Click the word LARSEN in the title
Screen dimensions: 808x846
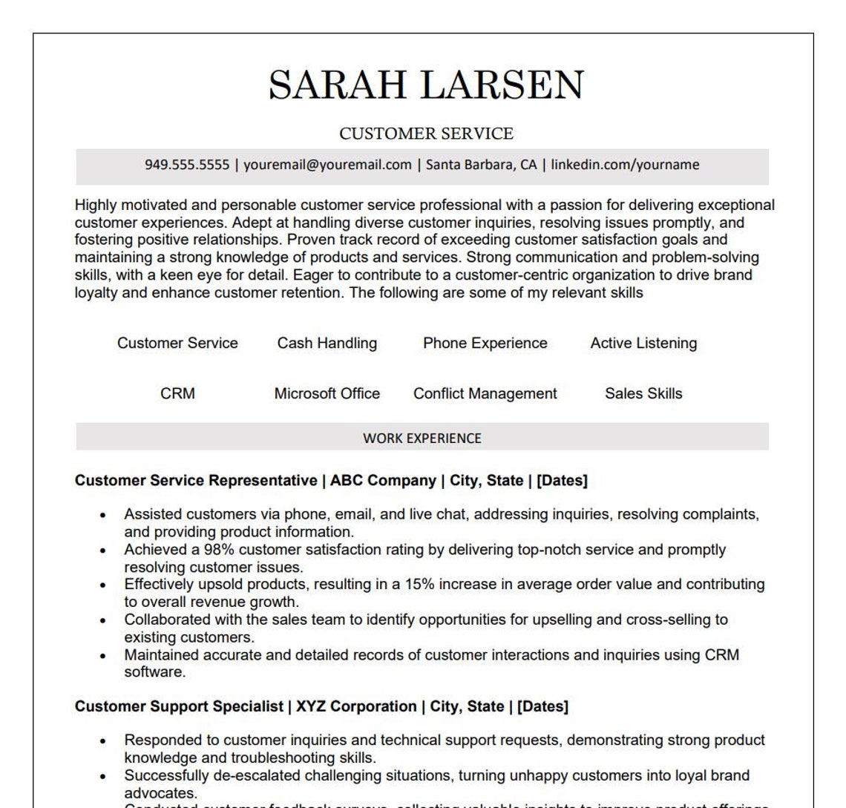[503, 85]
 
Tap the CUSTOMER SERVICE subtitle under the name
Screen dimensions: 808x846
[426, 134]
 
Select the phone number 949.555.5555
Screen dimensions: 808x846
[187, 165]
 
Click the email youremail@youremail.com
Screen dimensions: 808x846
[327, 165]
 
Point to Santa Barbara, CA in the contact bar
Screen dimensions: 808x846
[481, 165]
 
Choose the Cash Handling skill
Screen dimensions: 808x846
[327, 344]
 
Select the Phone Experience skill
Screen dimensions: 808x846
[485, 344]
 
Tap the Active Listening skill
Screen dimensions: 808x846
[643, 344]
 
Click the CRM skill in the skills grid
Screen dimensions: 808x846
[177, 394]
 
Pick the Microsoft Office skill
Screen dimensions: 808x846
[327, 394]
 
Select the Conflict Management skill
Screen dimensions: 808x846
[485, 394]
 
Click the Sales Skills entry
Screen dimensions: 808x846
[643, 394]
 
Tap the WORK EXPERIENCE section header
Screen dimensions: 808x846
[422, 439]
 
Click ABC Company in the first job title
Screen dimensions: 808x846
[383, 481]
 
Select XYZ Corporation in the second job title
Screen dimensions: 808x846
[356, 706]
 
